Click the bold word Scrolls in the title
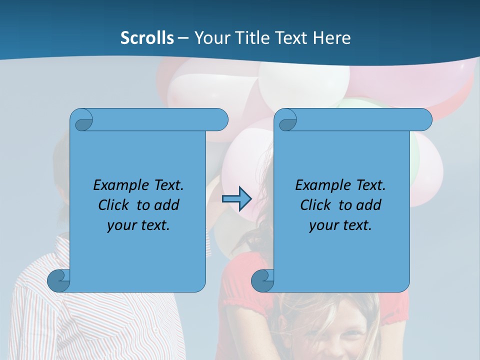point(147,38)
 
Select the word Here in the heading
point(331,38)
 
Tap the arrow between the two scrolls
point(236,199)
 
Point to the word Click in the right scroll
point(315,205)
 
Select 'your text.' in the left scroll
point(138,225)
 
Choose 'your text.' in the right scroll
point(340,225)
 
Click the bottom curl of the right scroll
point(262,280)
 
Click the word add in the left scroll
point(167,205)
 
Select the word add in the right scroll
point(369,205)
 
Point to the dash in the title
point(183,38)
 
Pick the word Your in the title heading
point(211,38)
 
